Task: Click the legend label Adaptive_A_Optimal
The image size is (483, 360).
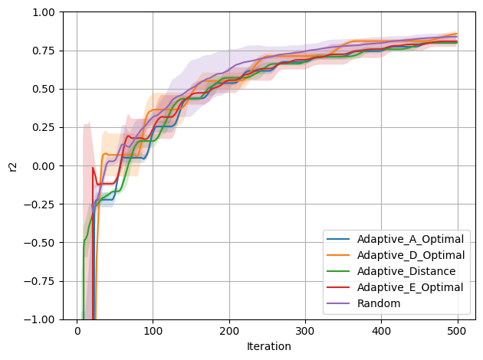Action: click(x=410, y=240)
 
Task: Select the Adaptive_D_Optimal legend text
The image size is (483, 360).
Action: click(x=411, y=255)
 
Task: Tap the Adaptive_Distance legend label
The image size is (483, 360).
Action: click(x=406, y=271)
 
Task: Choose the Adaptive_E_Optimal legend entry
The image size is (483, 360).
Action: click(x=410, y=287)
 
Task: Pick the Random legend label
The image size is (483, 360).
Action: click(x=379, y=303)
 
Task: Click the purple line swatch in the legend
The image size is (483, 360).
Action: click(x=338, y=303)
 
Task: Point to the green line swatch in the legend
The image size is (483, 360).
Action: click(x=338, y=271)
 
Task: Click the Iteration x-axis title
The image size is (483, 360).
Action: click(x=269, y=346)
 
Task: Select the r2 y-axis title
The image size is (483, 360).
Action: click(x=13, y=166)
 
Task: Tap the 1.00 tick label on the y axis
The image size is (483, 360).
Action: click(x=44, y=12)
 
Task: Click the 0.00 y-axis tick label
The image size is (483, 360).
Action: click(x=44, y=166)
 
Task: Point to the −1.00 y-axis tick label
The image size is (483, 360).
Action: click(x=39, y=319)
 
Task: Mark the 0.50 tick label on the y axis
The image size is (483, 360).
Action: click(x=44, y=89)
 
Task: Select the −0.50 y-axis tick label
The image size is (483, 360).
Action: click(x=39, y=243)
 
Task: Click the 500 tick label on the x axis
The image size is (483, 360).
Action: click(x=458, y=331)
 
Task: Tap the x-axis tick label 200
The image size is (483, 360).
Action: click(x=229, y=331)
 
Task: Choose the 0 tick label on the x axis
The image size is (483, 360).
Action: click(x=77, y=331)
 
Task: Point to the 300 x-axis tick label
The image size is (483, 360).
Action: click(x=305, y=331)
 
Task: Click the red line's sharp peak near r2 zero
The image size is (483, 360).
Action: click(x=93, y=168)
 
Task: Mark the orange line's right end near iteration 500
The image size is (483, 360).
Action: click(x=457, y=34)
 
